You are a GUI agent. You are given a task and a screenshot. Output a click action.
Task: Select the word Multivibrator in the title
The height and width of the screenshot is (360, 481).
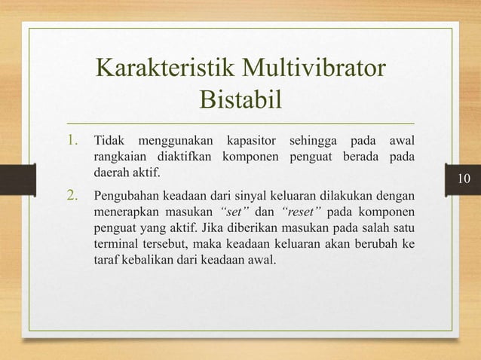tap(314, 70)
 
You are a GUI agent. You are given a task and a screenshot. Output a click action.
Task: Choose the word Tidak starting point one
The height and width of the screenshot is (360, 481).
tap(108, 142)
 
